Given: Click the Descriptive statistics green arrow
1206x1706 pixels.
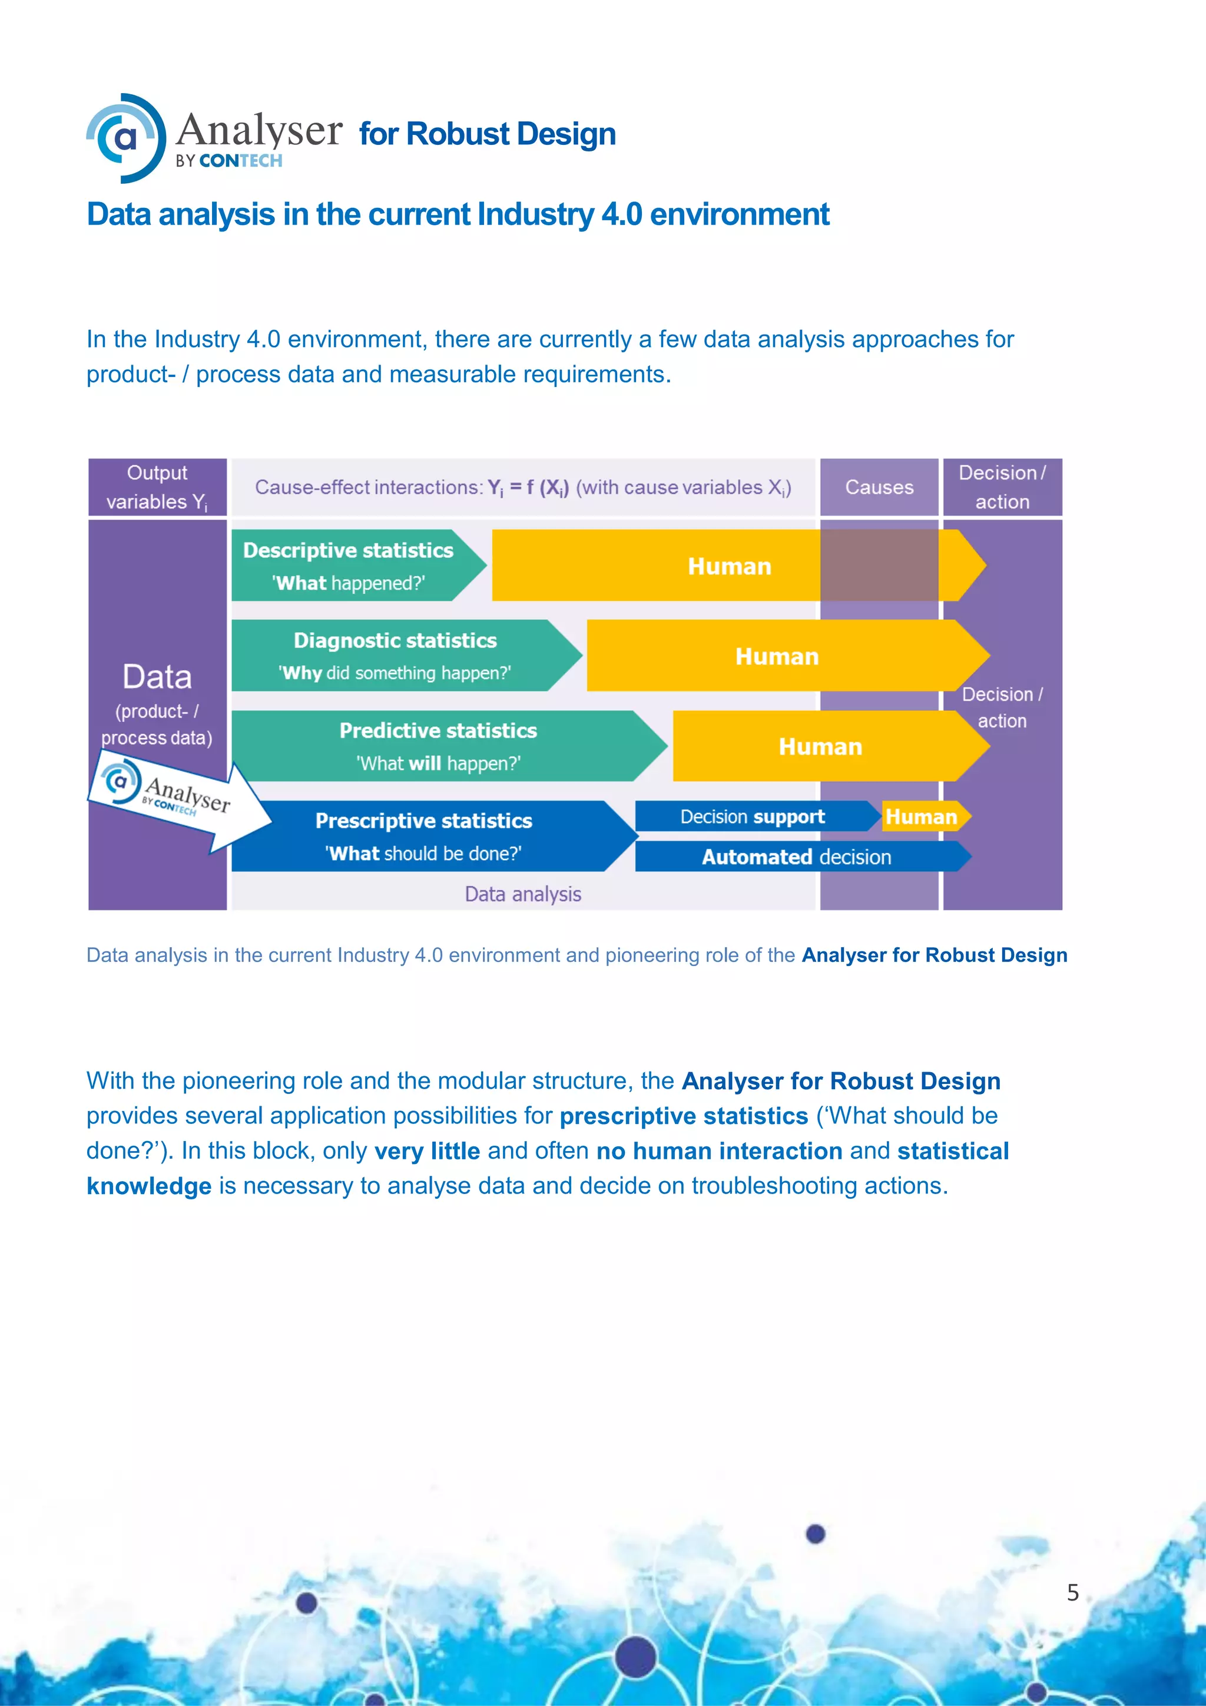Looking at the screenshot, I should pyautogui.click(x=349, y=566).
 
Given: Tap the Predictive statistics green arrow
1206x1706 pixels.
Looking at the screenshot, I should pyautogui.click(x=438, y=746).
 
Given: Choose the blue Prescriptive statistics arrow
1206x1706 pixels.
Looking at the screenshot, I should pyautogui.click(x=423, y=836).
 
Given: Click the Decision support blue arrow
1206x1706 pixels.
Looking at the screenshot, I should pyautogui.click(x=752, y=816).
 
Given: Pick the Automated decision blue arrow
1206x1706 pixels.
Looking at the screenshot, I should pyautogui.click(x=796, y=857).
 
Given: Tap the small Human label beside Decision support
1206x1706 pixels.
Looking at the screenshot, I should pyautogui.click(x=922, y=816).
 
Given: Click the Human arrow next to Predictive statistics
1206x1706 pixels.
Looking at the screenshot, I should pyautogui.click(x=820, y=746).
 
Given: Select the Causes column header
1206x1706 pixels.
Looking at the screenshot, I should pyautogui.click(x=879, y=487).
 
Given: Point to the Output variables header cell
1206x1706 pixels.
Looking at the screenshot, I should pyautogui.click(x=157, y=487).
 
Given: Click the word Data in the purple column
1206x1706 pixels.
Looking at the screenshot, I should pyautogui.click(x=157, y=677).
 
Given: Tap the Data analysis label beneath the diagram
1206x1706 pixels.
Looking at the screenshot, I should pyautogui.click(x=523, y=894).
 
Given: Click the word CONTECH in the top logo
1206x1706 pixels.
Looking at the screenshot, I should pyautogui.click(x=241, y=160).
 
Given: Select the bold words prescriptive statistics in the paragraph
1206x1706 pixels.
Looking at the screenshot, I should pyautogui.click(x=683, y=1116).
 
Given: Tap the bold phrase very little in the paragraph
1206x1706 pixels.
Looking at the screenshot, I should pyautogui.click(x=427, y=1151).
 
